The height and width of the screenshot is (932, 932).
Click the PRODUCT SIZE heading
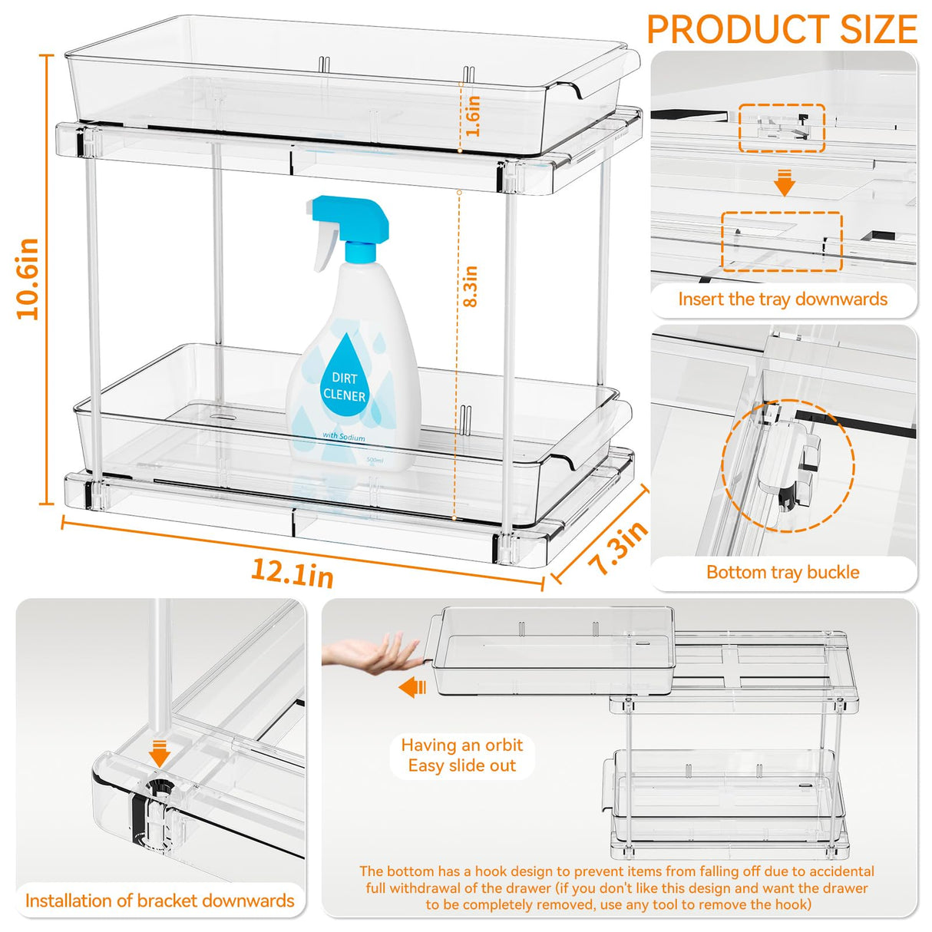pyautogui.click(x=782, y=29)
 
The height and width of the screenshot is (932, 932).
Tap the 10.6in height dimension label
pyautogui.click(x=28, y=279)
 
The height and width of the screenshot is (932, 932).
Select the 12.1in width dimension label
pyautogui.click(x=292, y=572)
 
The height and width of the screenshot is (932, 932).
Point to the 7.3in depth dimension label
pyautogui.click(x=619, y=547)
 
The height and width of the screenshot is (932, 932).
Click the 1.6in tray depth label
pyautogui.click(x=473, y=116)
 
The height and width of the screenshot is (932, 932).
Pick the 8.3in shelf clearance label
pyautogui.click(x=471, y=286)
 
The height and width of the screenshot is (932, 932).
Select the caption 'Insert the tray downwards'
pyautogui.click(x=782, y=299)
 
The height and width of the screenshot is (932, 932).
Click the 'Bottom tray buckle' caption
pyautogui.click(x=782, y=572)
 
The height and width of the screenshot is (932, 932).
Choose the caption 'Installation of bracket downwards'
pyautogui.click(x=160, y=901)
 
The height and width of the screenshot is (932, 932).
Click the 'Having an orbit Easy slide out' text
pyautogui.click(x=461, y=755)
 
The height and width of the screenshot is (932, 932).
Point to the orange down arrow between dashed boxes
pyautogui.click(x=784, y=183)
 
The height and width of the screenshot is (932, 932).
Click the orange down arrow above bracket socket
pyautogui.click(x=160, y=752)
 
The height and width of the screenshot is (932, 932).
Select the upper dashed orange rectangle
pyautogui.click(x=782, y=128)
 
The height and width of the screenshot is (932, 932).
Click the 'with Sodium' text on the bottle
pyautogui.click(x=344, y=436)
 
